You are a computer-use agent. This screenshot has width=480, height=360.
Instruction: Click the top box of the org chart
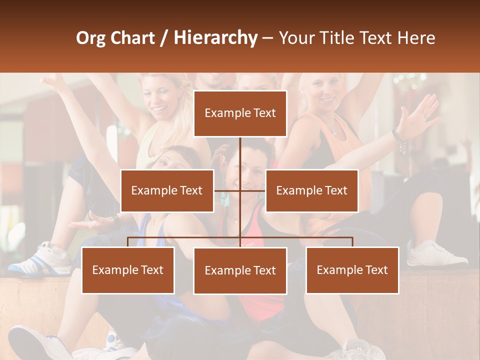[240, 113]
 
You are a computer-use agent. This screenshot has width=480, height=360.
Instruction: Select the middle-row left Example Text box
[167, 190]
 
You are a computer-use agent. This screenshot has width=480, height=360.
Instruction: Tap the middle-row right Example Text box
[311, 190]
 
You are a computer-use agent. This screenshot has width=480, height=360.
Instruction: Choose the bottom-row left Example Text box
[128, 270]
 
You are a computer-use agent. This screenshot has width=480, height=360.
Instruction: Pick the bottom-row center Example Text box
[240, 270]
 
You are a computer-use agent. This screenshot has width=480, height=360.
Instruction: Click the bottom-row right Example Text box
[352, 270]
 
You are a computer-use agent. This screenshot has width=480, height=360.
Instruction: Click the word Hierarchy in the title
[215, 37]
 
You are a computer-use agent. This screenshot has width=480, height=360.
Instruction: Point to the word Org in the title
[90, 38]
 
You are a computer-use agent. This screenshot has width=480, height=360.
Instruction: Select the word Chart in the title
[132, 37]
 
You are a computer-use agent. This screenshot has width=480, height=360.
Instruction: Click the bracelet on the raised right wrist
[399, 139]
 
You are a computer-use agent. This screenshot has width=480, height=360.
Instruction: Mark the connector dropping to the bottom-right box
[352, 242]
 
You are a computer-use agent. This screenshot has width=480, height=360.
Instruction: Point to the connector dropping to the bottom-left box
[128, 242]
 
